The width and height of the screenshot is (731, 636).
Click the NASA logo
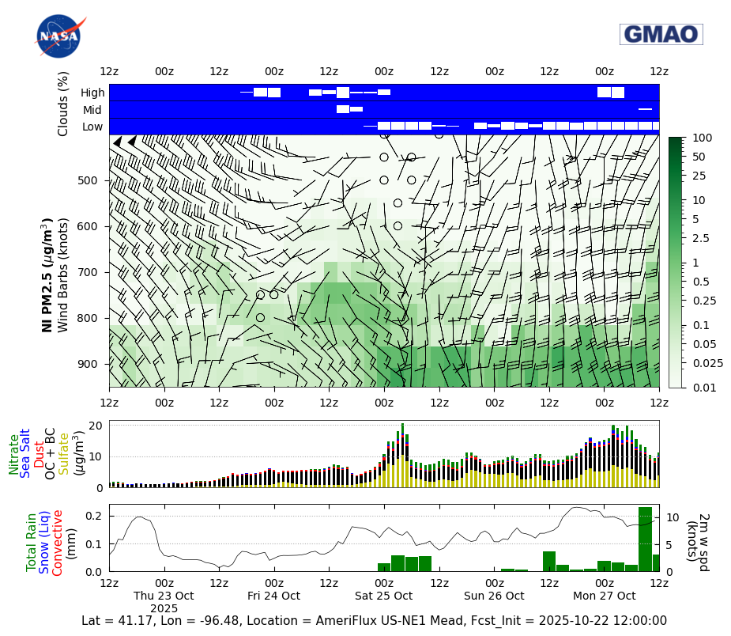coord(58,36)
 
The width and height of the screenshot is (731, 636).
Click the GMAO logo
coord(661,34)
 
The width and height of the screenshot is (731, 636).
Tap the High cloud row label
coord(92,93)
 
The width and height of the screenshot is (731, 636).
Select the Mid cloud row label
coord(92,110)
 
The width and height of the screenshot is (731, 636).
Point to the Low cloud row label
coord(92,127)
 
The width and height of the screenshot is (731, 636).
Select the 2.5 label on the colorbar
coord(699,238)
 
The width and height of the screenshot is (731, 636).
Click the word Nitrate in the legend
coord(14,454)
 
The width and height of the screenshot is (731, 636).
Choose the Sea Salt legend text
coord(25,452)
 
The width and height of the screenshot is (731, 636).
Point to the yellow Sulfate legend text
coord(63,453)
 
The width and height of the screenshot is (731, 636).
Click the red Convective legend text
coord(58,543)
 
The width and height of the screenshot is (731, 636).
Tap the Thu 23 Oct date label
coord(164,596)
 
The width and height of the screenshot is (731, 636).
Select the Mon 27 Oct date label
coord(605,596)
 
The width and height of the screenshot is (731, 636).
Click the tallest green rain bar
coord(645,539)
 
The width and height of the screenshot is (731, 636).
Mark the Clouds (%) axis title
coord(63,104)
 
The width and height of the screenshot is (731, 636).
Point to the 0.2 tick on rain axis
coord(94,516)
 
